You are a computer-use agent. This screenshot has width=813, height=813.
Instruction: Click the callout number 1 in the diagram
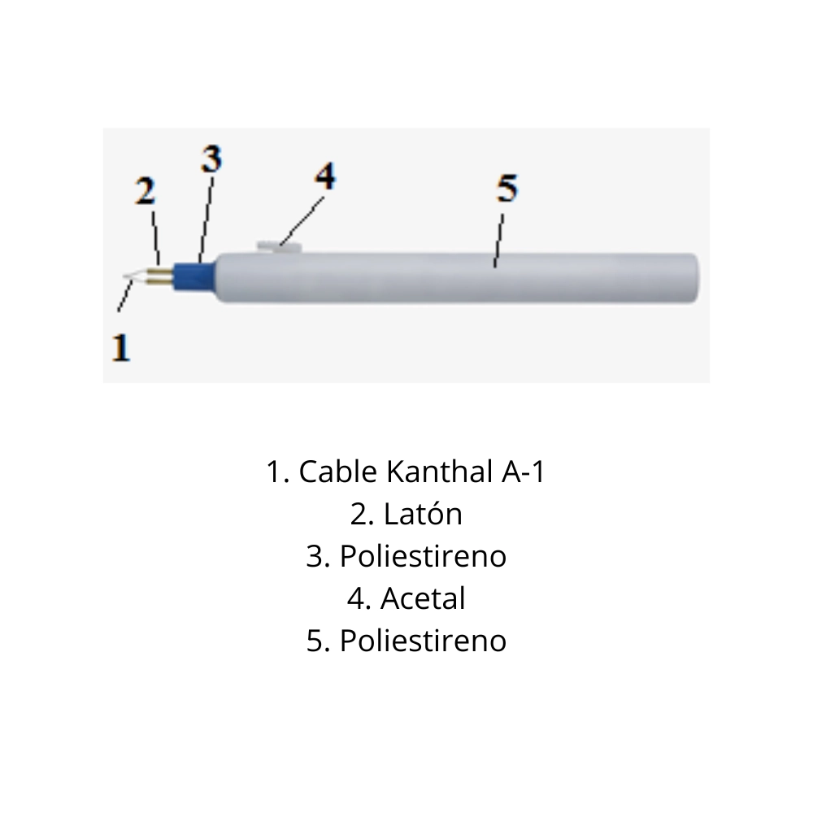[x=121, y=347]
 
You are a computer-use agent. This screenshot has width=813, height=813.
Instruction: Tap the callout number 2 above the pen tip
[x=146, y=193]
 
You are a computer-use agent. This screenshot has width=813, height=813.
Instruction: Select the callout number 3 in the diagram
[x=211, y=159]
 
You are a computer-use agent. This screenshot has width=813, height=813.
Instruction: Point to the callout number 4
[x=324, y=176]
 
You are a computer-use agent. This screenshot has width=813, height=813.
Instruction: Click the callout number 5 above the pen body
[x=506, y=189]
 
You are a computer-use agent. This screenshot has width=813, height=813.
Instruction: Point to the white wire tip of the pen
[x=134, y=279]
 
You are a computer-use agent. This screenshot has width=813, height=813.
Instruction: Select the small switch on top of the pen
[x=279, y=246]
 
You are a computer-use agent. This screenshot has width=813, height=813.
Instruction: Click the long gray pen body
[x=455, y=278]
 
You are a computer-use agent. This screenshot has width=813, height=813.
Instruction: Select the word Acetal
[x=423, y=598]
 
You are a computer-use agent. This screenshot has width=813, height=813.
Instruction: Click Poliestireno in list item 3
[x=423, y=556]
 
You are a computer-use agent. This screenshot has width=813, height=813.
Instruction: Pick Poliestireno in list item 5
[x=423, y=641]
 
